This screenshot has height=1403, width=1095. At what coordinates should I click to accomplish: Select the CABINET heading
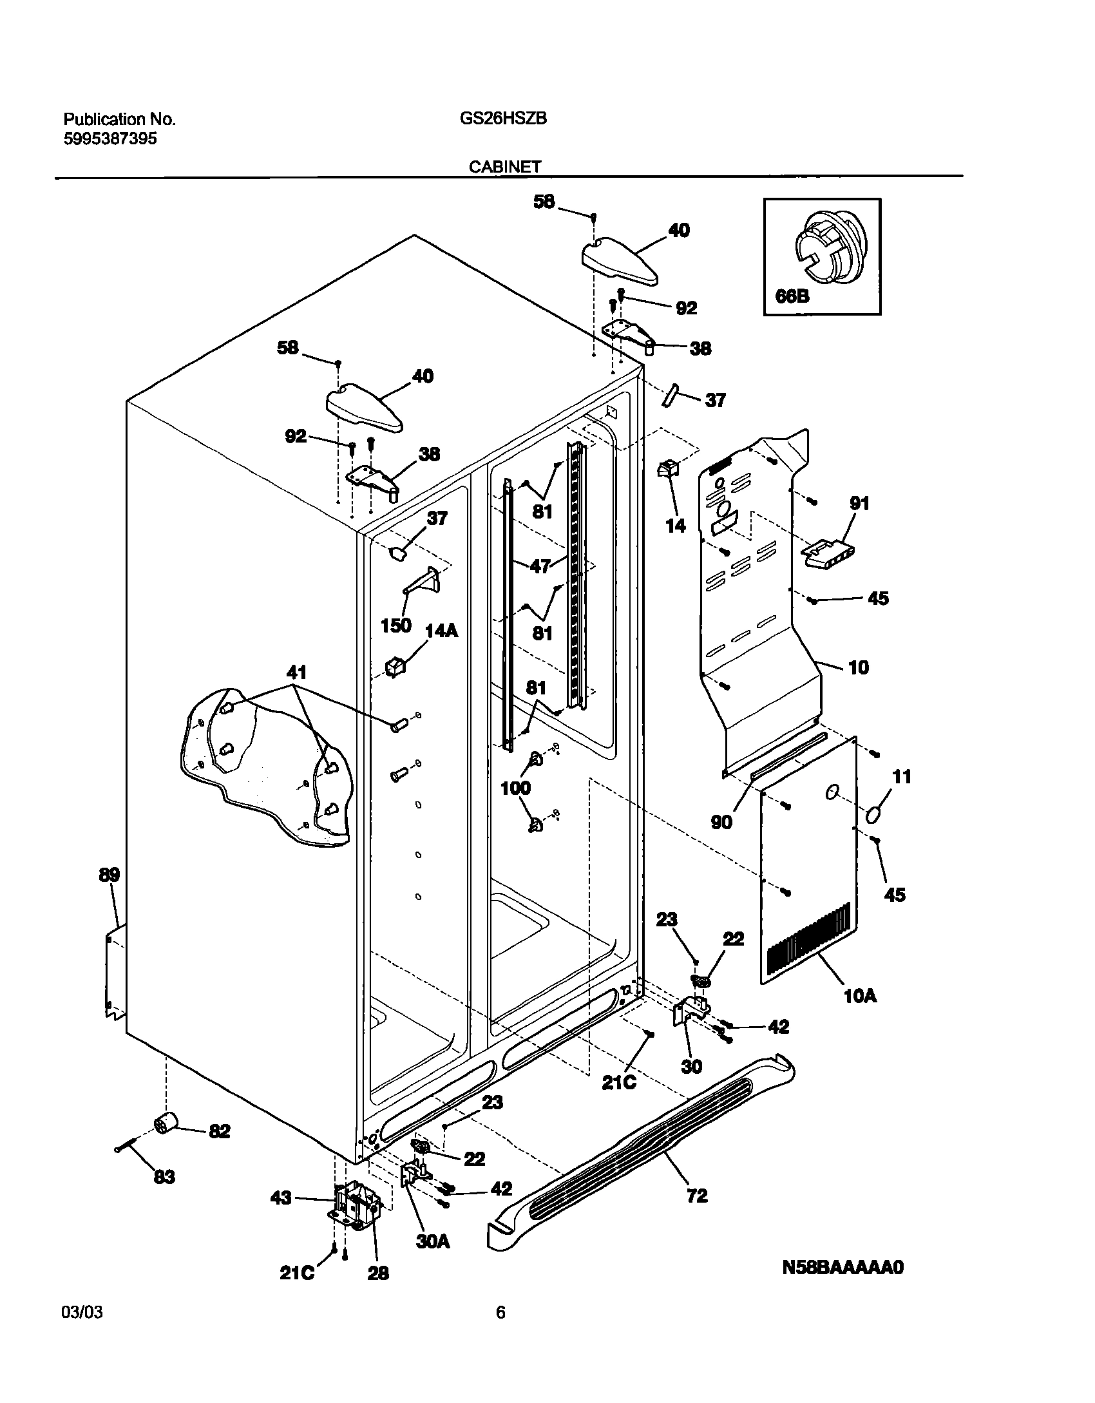(504, 166)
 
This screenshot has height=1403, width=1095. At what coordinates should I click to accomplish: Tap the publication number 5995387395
(110, 138)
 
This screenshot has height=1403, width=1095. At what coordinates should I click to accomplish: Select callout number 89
(109, 875)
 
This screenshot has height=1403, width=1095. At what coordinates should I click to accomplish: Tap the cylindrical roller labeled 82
(167, 1124)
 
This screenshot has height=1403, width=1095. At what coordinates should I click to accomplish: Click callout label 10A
(860, 996)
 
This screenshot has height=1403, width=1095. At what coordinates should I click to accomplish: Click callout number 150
(395, 625)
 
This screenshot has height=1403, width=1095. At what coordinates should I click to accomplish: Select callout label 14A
(441, 631)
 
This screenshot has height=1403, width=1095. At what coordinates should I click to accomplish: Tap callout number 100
(515, 788)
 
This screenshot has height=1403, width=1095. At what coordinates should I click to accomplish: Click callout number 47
(540, 566)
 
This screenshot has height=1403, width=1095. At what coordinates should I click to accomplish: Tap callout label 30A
(432, 1241)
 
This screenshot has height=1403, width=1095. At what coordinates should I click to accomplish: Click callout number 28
(378, 1273)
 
